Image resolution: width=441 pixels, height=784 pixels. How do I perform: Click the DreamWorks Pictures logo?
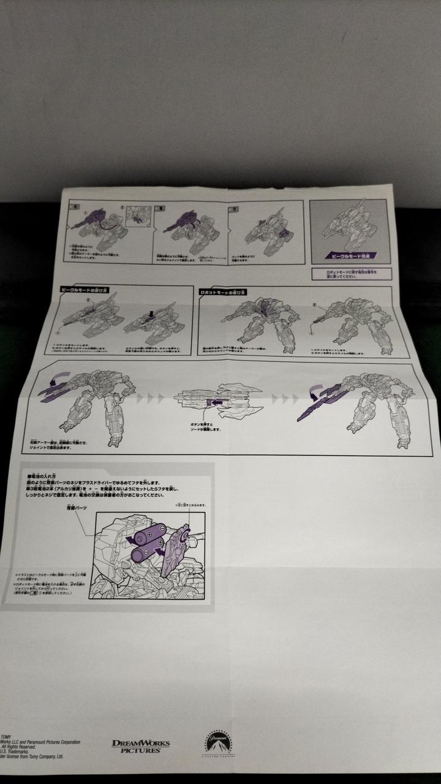click(x=140, y=745)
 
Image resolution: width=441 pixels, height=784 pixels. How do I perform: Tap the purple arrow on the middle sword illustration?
click(x=212, y=402)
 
